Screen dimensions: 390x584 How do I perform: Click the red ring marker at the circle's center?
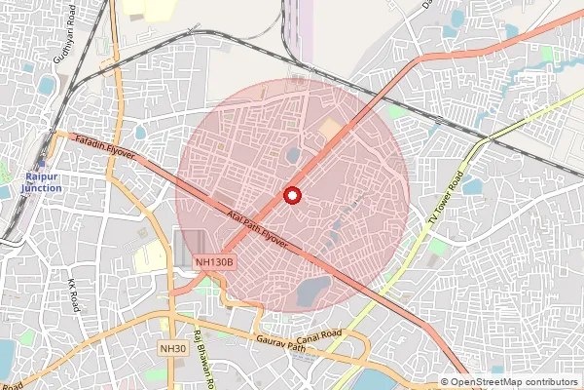(291, 195)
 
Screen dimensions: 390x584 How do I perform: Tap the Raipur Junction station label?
(40, 181)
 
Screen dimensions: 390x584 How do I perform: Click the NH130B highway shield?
(213, 262)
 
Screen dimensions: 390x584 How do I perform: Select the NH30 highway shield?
(172, 348)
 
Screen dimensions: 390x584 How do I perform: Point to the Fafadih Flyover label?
(110, 149)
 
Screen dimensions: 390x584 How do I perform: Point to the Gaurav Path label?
(281, 342)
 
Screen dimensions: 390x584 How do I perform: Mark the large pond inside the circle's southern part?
(313, 290)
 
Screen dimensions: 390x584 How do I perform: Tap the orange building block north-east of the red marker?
(331, 128)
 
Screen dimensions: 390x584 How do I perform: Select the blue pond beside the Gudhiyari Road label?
(46, 86)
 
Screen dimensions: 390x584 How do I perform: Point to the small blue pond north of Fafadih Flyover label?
(140, 132)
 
